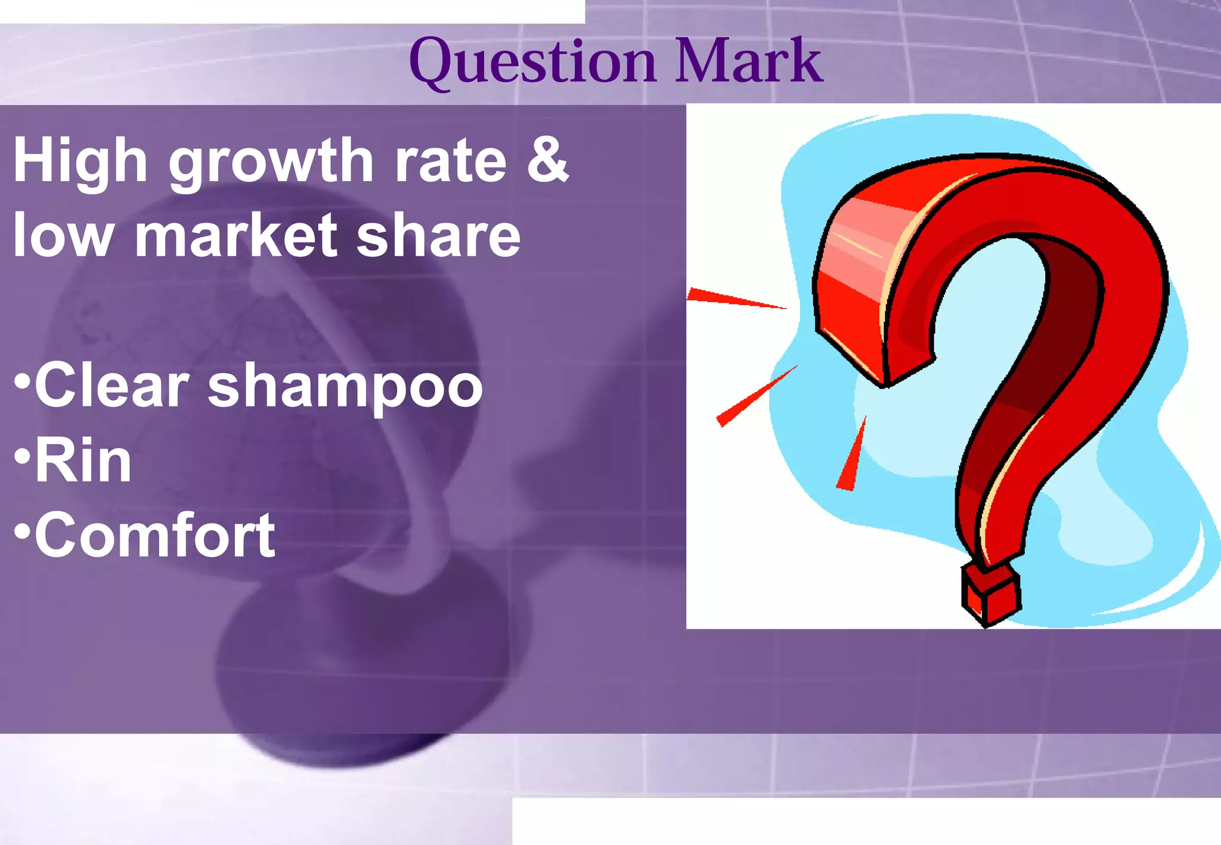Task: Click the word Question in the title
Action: click(532, 61)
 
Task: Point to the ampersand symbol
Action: click(547, 159)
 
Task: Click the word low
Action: click(63, 235)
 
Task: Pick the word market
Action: click(236, 235)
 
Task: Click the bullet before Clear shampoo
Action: click(22, 381)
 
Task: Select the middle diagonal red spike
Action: click(754, 397)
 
